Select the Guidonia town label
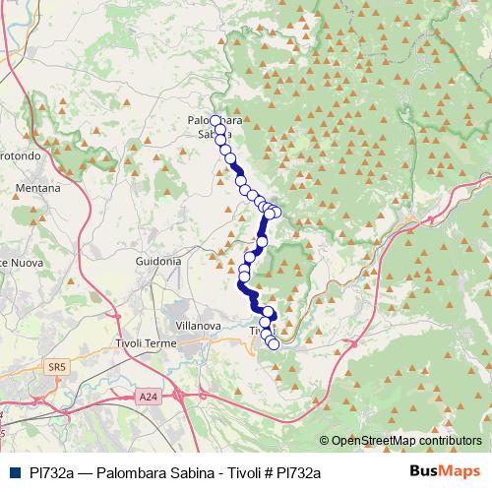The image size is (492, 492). [x=157, y=262]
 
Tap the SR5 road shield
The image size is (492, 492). [x=56, y=367]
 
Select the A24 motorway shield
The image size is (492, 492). [x=148, y=397]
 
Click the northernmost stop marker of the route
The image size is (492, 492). [x=215, y=120]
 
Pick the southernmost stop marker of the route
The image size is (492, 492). [x=273, y=343]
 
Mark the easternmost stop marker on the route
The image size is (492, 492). [x=276, y=213]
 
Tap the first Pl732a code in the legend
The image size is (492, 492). [x=47, y=472]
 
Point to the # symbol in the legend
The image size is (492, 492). [x=255, y=472]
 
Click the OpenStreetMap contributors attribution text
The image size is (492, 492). [x=411, y=441]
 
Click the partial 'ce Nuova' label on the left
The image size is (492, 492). [x=18, y=263]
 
